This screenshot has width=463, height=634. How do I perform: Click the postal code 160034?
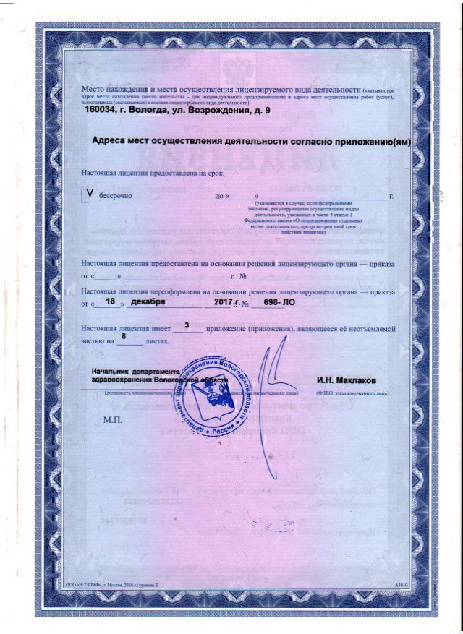click(103, 111)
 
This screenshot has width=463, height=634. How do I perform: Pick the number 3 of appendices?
click(187, 327)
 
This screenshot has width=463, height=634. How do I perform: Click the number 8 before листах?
click(124, 337)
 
